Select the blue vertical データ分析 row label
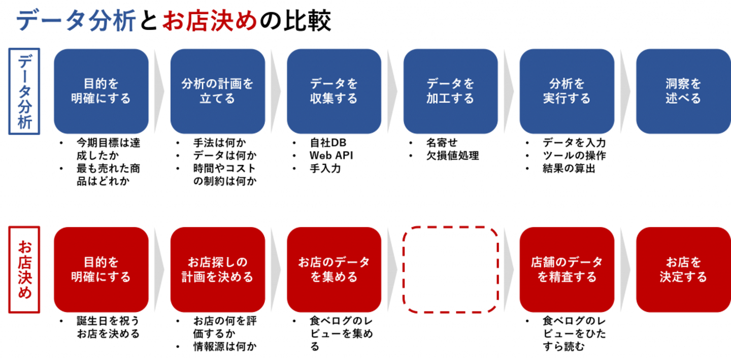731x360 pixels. coord(24,91)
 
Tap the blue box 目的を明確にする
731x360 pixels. coord(101,91)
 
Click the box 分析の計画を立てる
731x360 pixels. coord(217,91)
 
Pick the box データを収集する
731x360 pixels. coord(334,91)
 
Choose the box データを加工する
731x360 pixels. coord(450,91)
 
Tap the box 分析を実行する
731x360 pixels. coord(567,91)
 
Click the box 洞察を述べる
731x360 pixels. coord(683,91)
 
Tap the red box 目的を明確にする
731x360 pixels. coord(101,270)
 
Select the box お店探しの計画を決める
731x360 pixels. coord(217,270)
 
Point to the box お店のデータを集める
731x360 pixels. coord(334,270)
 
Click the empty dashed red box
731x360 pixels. coord(450,270)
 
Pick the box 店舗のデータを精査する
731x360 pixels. coord(567,270)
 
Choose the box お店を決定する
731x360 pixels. coord(683,270)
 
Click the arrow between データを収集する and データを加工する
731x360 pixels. coord(392,91)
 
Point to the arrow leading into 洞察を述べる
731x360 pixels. coord(625,91)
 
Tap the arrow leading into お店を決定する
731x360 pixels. coord(625,270)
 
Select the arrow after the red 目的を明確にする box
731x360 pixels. coord(159,270)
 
